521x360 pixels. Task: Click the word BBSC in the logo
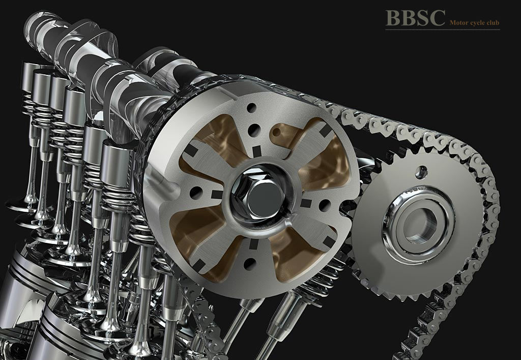click(415, 18)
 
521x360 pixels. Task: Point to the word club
click(493, 23)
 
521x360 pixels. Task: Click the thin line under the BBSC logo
click(443, 30)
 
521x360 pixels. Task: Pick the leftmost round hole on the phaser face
click(195, 193)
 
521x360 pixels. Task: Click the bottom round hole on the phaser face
click(250, 264)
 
